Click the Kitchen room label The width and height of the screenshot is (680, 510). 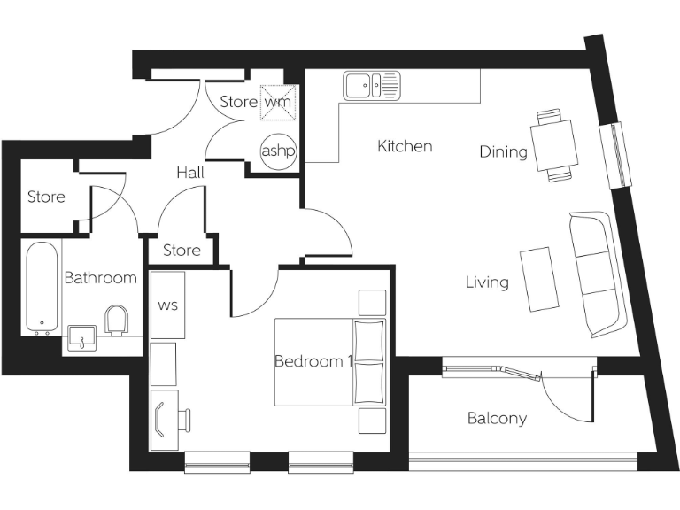[x=405, y=146]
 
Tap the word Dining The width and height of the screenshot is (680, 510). [x=503, y=151]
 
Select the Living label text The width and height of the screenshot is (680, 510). [x=487, y=282]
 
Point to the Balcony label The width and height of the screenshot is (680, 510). [x=497, y=418]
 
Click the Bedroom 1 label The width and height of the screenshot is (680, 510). [x=313, y=361]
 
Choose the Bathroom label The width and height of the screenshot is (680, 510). [x=100, y=278]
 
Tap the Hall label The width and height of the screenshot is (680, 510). [x=189, y=173]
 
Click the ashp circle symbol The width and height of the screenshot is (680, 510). [x=277, y=151]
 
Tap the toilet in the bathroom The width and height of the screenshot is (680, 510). [x=117, y=321]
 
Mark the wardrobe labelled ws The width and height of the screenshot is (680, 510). [x=167, y=305]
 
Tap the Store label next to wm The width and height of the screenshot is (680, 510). [x=238, y=102]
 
